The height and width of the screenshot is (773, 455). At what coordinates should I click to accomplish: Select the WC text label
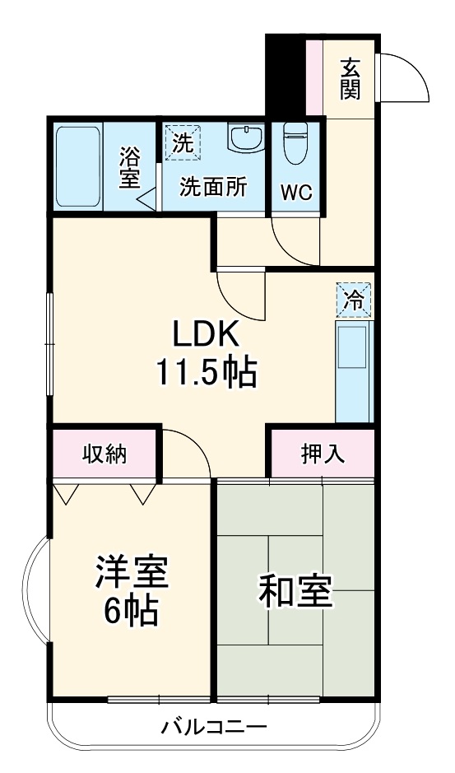click(x=296, y=192)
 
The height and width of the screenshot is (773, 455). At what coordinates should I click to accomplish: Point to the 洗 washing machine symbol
click(x=182, y=142)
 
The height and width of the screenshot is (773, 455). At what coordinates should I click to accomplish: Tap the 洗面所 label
click(x=215, y=187)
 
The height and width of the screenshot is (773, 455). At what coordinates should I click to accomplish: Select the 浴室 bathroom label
click(x=129, y=167)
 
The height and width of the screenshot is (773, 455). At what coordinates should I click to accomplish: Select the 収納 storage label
click(x=104, y=454)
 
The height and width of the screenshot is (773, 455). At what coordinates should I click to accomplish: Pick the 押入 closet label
click(x=322, y=454)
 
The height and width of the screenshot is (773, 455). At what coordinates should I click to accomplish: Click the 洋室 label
click(x=132, y=573)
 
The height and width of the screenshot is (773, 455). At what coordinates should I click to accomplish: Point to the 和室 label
click(x=295, y=590)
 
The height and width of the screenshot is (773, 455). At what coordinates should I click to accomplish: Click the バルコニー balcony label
click(x=214, y=728)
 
